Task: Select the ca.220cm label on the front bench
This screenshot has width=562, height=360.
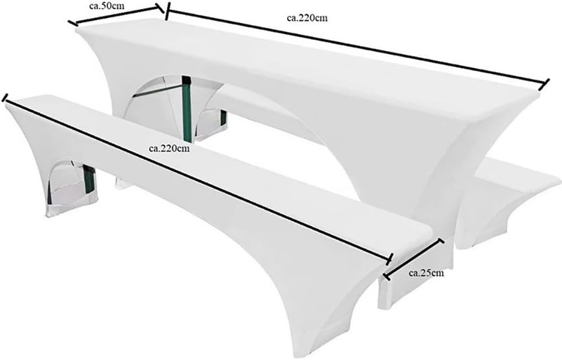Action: click(169, 149)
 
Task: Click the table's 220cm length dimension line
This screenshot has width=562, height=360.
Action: click(355, 47)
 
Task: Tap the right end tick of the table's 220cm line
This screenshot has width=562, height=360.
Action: click(545, 84)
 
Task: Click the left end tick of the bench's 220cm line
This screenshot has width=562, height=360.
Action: click(5, 98)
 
